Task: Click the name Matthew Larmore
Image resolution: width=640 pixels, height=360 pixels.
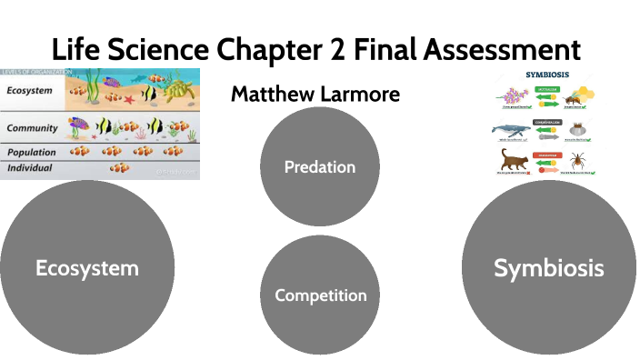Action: (x=315, y=94)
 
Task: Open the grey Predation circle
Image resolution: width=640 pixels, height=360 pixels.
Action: (x=319, y=166)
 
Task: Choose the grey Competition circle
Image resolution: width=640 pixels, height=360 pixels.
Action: (x=320, y=295)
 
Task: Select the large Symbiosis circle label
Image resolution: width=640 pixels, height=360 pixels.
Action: (x=548, y=267)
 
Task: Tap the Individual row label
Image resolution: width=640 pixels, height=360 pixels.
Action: (x=30, y=168)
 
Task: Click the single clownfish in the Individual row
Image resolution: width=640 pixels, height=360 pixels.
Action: (x=119, y=168)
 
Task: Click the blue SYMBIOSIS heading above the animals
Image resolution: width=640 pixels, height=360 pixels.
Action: (x=548, y=75)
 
